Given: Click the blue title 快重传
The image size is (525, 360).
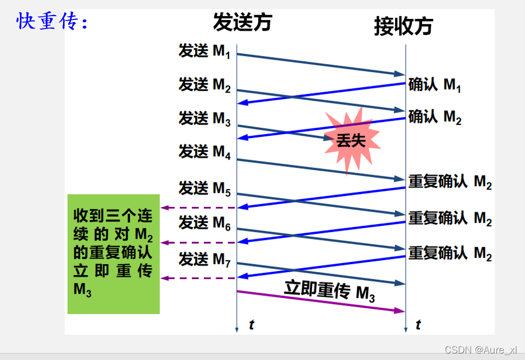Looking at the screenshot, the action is pyautogui.click(x=52, y=21).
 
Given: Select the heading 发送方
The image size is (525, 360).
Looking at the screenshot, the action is pyautogui.click(x=243, y=23).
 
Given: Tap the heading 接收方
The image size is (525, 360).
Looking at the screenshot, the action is pyautogui.click(x=404, y=26).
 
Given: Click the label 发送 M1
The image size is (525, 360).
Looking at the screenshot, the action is pyautogui.click(x=204, y=51).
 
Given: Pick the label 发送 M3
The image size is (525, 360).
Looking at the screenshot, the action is pyautogui.click(x=204, y=119).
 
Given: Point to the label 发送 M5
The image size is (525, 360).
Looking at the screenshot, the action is pyautogui.click(x=204, y=189).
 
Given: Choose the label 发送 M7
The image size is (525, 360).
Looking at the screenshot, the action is pyautogui.click(x=204, y=260).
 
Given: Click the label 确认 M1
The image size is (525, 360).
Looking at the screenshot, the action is pyautogui.click(x=434, y=85).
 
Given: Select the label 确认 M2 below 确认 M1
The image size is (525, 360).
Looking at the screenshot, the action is pyautogui.click(x=434, y=117).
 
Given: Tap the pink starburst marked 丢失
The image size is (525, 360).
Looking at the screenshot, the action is pyautogui.click(x=351, y=141).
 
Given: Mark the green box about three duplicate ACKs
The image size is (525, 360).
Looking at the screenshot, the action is pyautogui.click(x=114, y=254).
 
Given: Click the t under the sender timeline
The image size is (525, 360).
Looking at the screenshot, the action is pyautogui.click(x=252, y=324).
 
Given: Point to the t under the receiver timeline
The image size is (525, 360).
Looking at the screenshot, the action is pyautogui.click(x=418, y=324).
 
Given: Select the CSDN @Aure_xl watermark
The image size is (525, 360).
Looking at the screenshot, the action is pyautogui.click(x=481, y=350).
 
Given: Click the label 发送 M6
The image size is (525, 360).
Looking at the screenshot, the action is pyautogui.click(x=204, y=223).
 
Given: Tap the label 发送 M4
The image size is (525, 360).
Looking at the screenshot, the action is pyautogui.click(x=204, y=152).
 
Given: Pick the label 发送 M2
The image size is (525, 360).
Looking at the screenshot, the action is pyautogui.click(x=204, y=85).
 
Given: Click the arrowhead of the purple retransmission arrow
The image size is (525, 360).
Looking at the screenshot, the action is pyautogui.click(x=399, y=311).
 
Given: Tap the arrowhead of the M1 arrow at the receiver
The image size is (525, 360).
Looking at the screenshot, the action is pyautogui.click(x=399, y=74).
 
